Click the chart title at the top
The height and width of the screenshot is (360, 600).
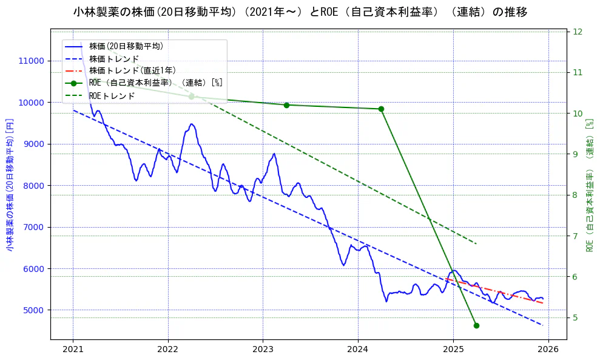pos(300,12)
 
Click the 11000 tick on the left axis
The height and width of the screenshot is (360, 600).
pos(31,61)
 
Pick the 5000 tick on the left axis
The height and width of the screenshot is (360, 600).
pos(33,310)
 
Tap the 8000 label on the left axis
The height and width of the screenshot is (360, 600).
pos(33,186)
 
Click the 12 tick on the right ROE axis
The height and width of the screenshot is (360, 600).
pos(578,32)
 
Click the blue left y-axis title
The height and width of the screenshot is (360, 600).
pos(10,185)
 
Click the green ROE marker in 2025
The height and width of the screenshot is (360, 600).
pos(476,325)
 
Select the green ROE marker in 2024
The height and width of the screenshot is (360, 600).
pos(381,109)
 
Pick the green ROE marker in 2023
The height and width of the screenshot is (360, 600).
pos(286,105)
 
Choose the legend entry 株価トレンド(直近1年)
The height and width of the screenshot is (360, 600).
pos(132,70)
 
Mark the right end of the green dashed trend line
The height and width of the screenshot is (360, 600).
pos(476,244)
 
